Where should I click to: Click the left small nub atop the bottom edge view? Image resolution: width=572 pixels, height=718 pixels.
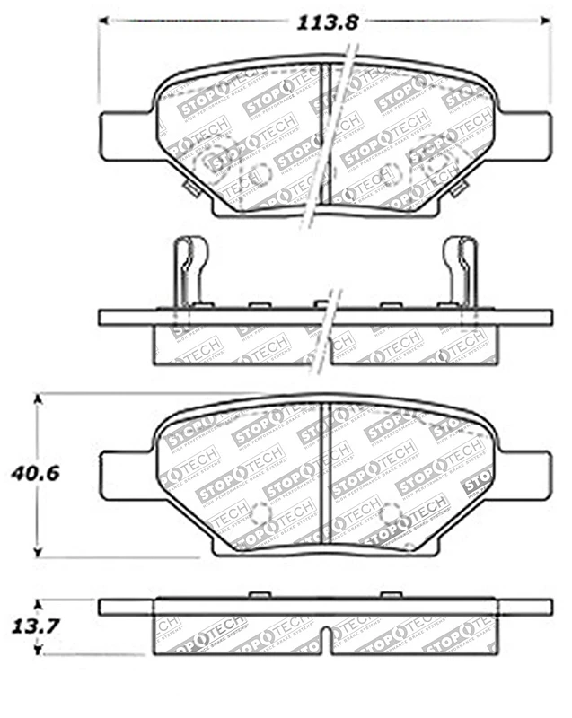[x=260, y=595]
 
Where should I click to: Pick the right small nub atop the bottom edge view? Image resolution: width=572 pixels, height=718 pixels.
[x=390, y=595]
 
